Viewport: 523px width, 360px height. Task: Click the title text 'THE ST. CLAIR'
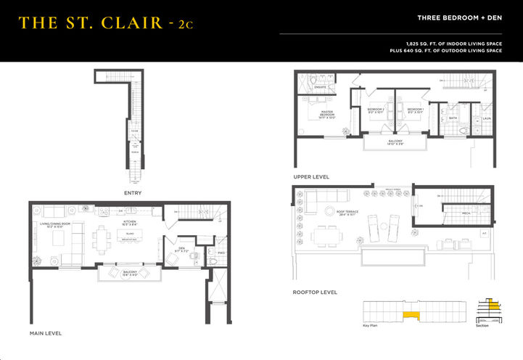click(x=91, y=23)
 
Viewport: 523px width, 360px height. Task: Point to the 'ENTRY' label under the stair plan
click(x=132, y=193)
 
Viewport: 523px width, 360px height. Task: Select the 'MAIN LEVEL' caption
click(x=45, y=332)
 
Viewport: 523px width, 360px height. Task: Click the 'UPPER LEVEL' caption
click(x=311, y=176)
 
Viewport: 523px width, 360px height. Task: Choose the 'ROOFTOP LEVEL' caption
click(x=316, y=292)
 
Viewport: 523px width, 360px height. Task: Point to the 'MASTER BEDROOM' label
click(x=327, y=114)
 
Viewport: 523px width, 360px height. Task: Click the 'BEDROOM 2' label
click(x=374, y=110)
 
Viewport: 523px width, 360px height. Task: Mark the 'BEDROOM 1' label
click(x=415, y=110)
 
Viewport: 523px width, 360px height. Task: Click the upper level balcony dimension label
click(x=395, y=142)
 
